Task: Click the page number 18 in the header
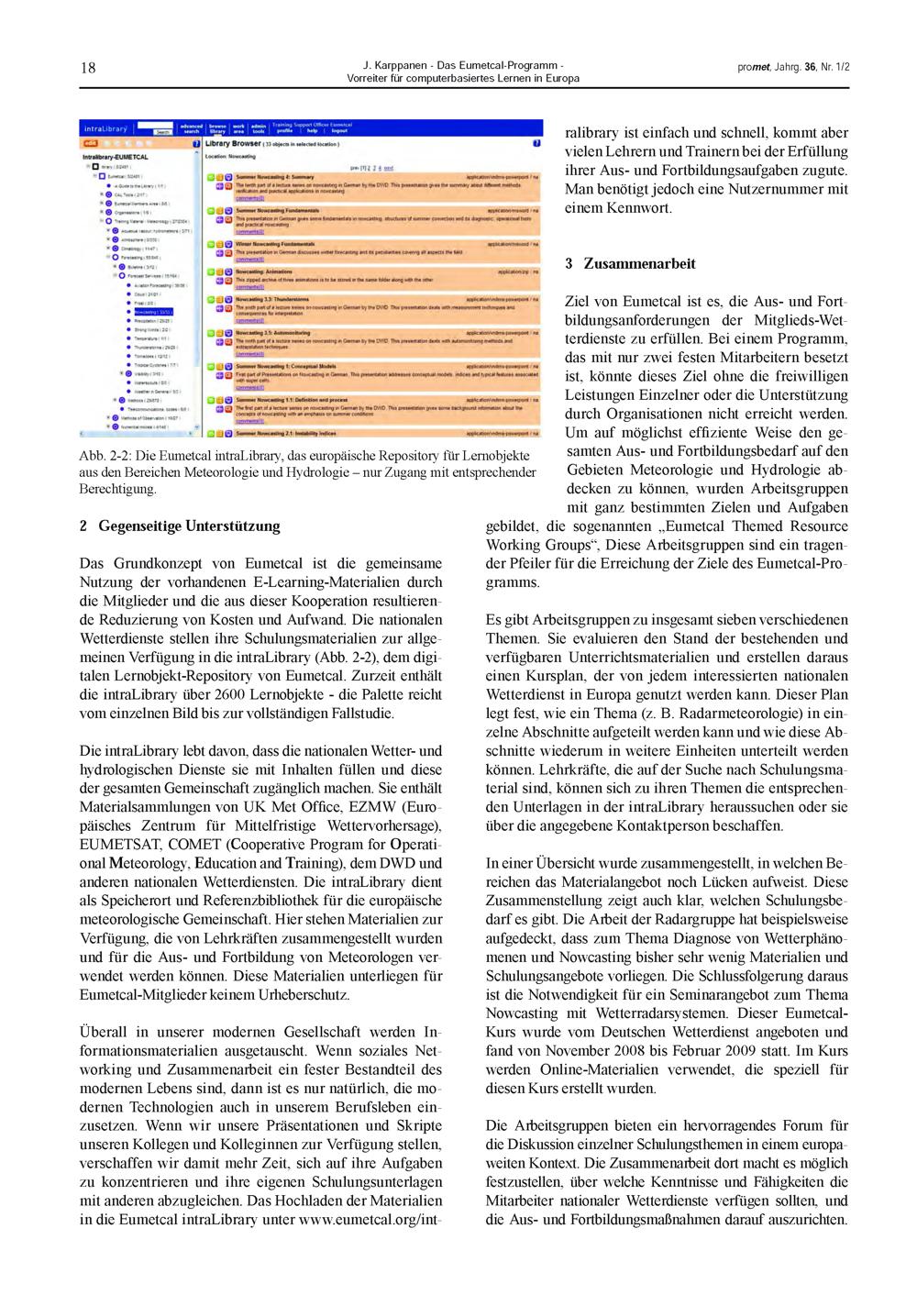(x=88, y=68)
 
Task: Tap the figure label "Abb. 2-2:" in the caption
(x=106, y=456)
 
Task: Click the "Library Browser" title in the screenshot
(x=233, y=144)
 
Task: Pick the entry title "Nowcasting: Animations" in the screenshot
(x=266, y=271)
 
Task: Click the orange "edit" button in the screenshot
(x=91, y=144)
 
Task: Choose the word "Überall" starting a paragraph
(x=103, y=1033)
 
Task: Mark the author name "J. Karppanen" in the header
(x=394, y=66)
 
